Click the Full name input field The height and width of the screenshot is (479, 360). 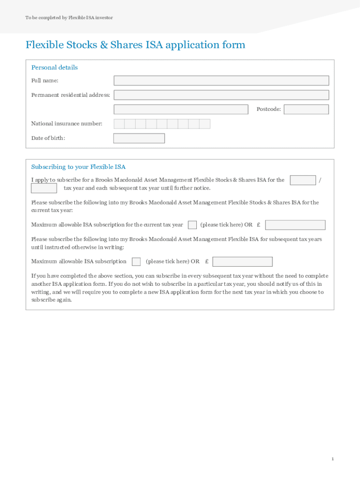pyautogui.click(x=221, y=80)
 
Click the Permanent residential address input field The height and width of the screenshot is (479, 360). pyautogui.click(x=221, y=95)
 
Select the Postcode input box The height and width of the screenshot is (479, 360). pyautogui.click(x=306, y=109)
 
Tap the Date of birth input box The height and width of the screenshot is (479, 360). pyautogui.click(x=139, y=138)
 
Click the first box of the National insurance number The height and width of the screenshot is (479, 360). pyautogui.click(x=119, y=124)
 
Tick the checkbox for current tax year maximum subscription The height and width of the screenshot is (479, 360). pyautogui.click(x=192, y=225)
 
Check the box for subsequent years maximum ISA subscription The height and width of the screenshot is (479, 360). pyautogui.click(x=136, y=261)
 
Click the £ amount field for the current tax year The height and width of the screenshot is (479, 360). pyautogui.click(x=295, y=225)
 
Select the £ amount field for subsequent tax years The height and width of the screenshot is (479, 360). pyautogui.click(x=242, y=261)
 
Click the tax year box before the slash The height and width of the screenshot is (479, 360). pyautogui.click(x=302, y=180)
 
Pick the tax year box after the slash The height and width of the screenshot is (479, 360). pyautogui.click(x=44, y=188)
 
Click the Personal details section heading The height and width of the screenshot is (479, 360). pyautogui.click(x=54, y=67)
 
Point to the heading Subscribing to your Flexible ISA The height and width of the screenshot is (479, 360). pyautogui.click(x=78, y=167)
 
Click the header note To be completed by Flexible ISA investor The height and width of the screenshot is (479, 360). pyautogui.click(x=69, y=18)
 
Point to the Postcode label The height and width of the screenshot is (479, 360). pyautogui.click(x=268, y=109)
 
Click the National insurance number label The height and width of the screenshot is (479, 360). pyautogui.click(x=66, y=124)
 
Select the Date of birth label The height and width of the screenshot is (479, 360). pyautogui.click(x=48, y=138)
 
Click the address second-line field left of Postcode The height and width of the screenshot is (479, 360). pyautogui.click(x=181, y=109)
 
